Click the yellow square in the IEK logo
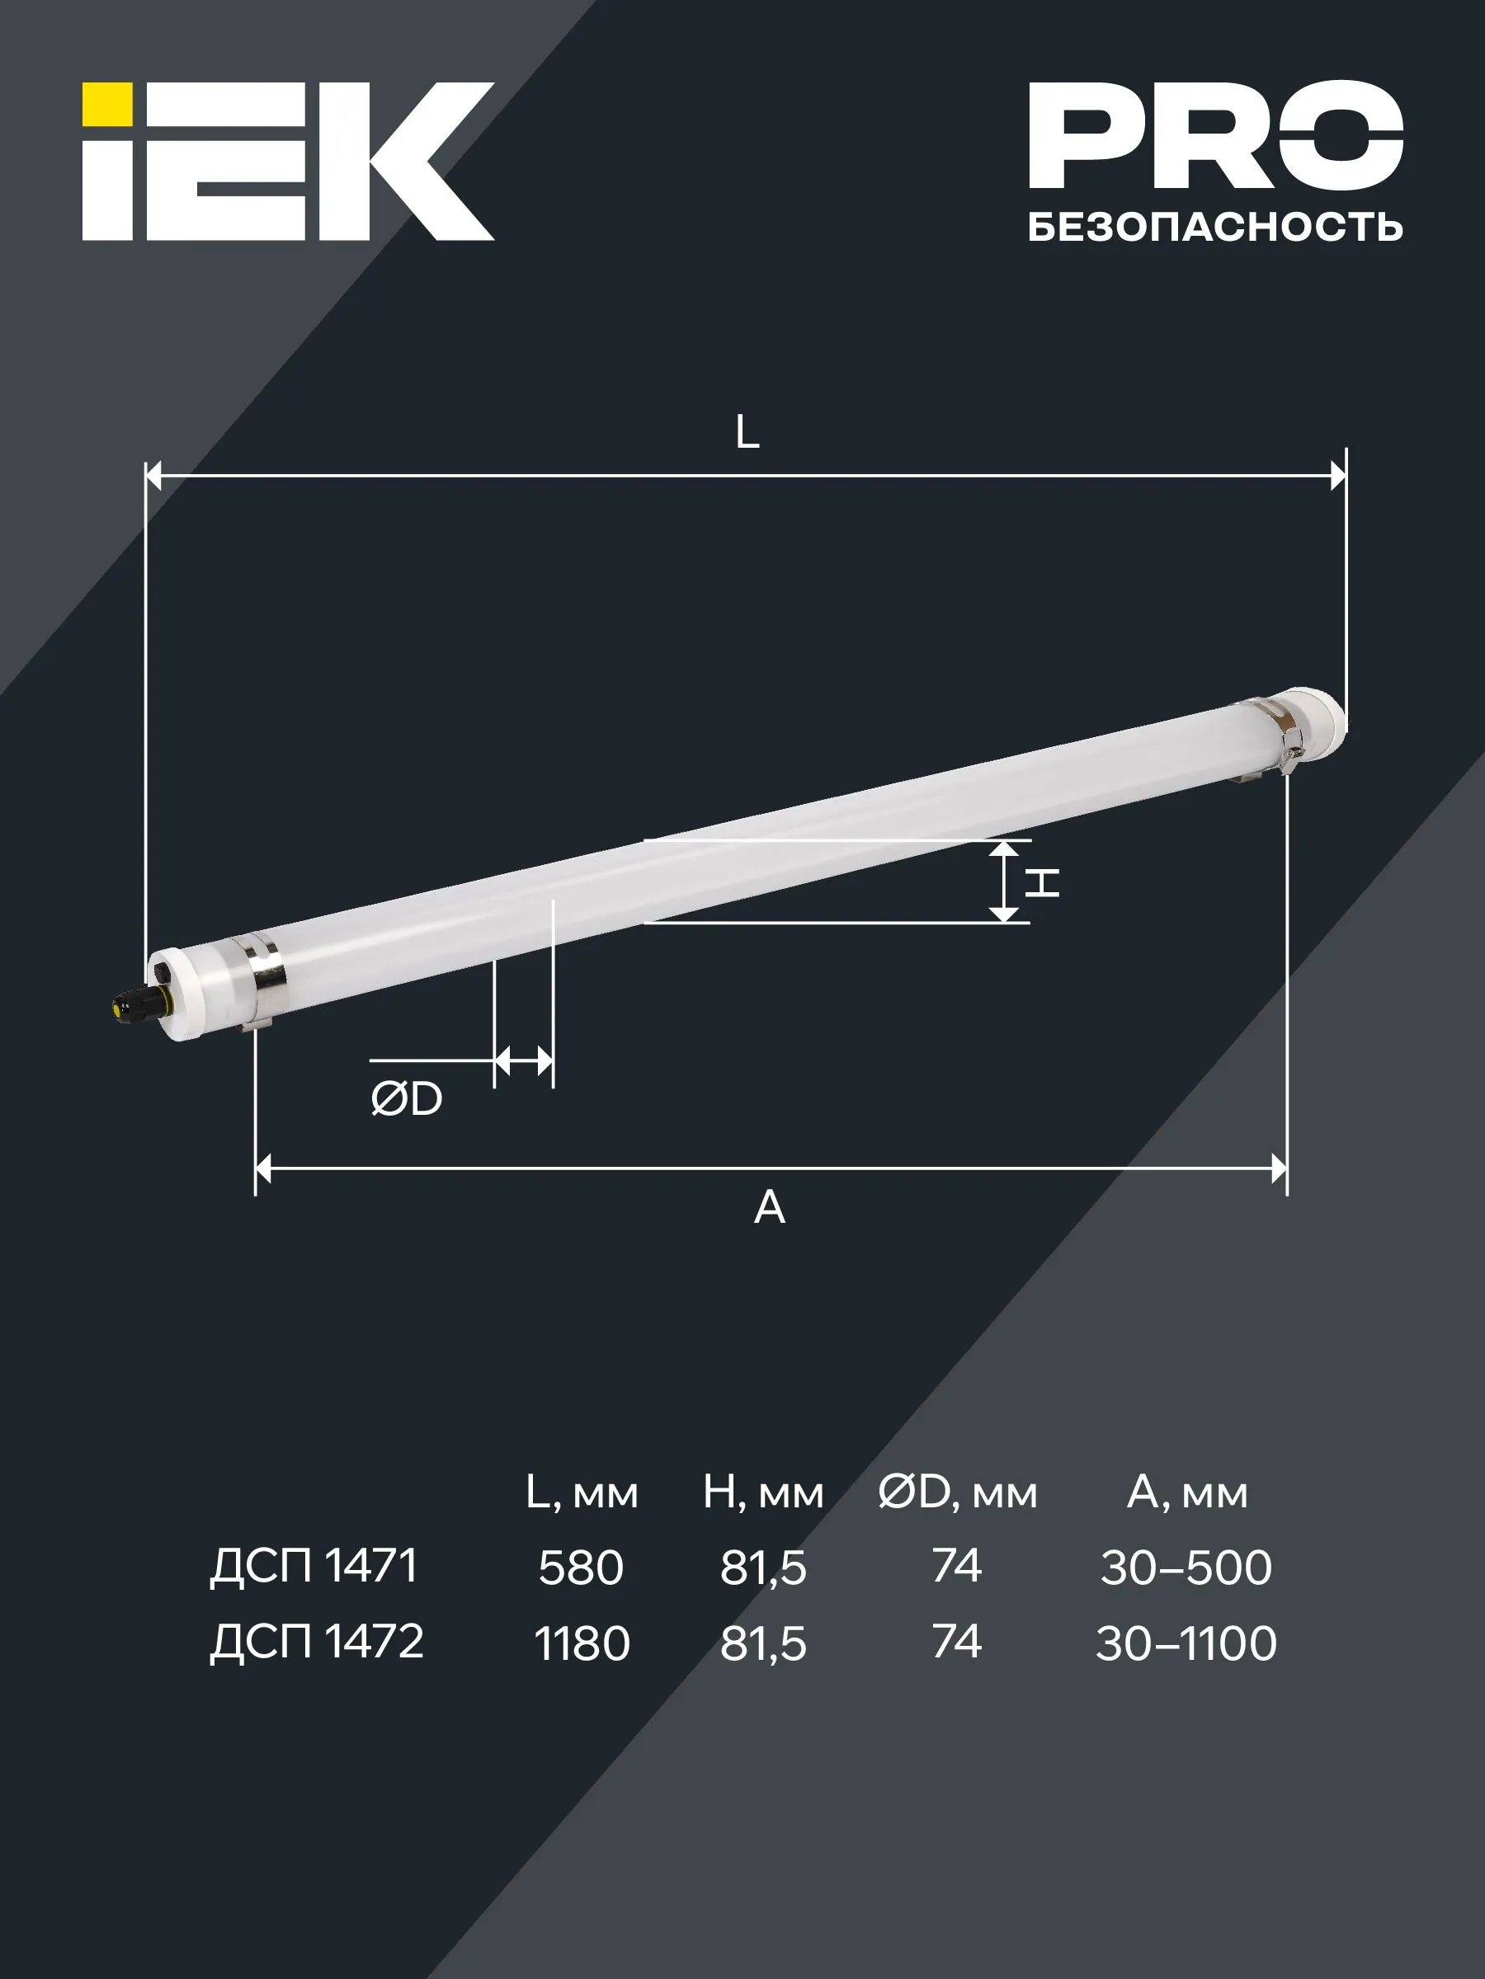(107, 104)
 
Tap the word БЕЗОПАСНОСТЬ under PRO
(1214, 228)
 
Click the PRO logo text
(1214, 135)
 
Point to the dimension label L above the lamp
(747, 432)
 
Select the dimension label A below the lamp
(770, 1208)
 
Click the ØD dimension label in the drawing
(407, 1098)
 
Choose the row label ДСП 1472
(316, 1643)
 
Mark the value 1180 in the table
(582, 1643)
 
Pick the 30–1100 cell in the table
(1186, 1643)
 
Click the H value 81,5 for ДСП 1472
(763, 1643)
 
